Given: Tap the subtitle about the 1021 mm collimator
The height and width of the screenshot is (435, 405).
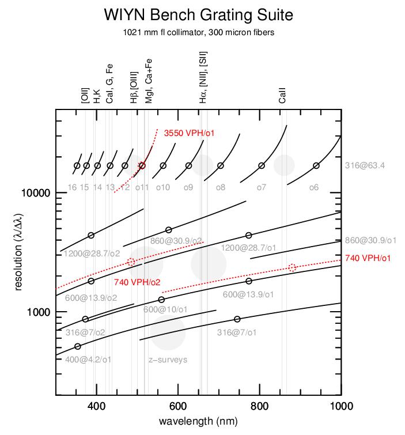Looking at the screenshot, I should pos(198,32).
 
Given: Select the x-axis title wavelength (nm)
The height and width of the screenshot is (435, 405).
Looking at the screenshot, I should pos(198,422).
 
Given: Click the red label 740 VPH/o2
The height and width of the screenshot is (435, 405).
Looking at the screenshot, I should pos(137,282).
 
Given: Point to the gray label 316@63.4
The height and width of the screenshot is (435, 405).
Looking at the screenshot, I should pos(365,166).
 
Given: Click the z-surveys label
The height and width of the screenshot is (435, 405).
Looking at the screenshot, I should pos(168,360).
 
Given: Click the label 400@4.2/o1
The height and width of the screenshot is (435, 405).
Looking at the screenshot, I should pos(89,360).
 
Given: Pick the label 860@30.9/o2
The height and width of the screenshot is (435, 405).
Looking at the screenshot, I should pos(176,240).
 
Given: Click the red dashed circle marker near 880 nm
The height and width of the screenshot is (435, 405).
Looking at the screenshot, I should pos(292,267).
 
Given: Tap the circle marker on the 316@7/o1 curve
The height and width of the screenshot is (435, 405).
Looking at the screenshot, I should pos(237,319).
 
